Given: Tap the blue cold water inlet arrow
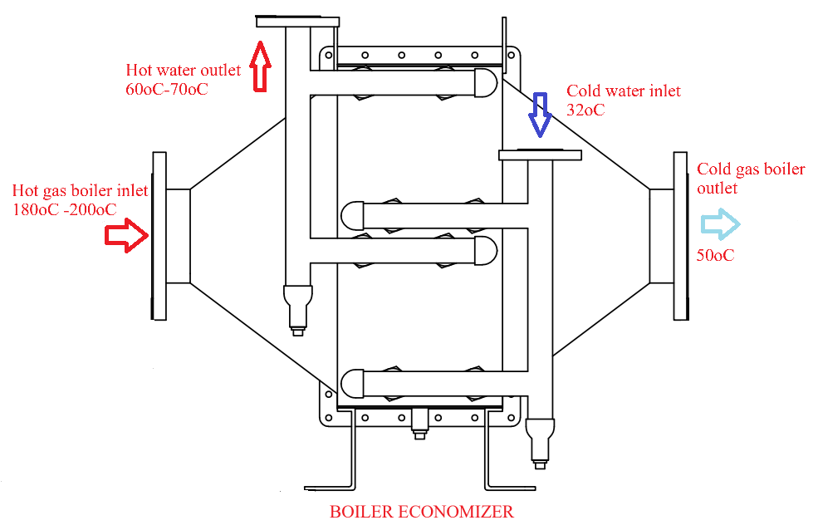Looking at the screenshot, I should coord(540,114).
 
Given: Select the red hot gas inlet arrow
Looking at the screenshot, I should coord(126,236).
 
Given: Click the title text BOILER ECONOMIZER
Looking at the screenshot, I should coord(422,512).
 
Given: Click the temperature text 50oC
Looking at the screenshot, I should coord(715,255).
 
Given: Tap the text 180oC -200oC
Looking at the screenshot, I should coord(64,209).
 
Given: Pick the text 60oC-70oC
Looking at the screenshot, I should coord(167,88).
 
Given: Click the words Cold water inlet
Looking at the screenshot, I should coord(624,91).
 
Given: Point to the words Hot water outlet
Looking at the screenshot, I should coord(184,70).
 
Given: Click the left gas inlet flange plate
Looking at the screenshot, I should coord(159,236).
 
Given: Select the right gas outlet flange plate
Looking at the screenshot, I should coord(680,236).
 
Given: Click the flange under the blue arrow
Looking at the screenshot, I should coord(540,155).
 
